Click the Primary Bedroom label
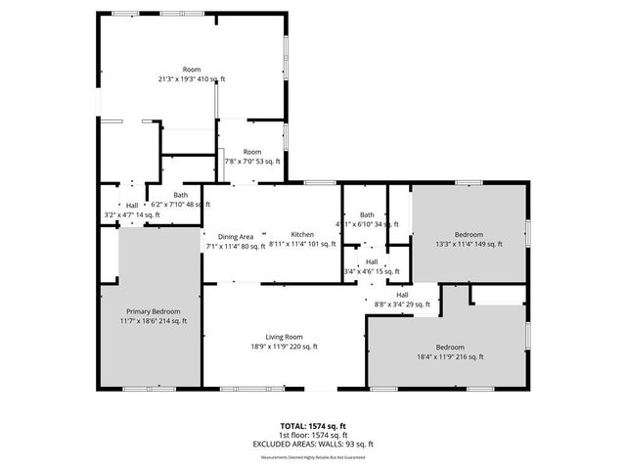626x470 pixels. (153, 310)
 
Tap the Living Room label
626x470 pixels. (284, 336)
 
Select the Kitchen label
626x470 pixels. (301, 235)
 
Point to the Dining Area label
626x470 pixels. (236, 236)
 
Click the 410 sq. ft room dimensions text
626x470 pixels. (192, 78)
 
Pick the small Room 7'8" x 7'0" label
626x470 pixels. (252, 152)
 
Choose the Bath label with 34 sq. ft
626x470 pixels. (367, 214)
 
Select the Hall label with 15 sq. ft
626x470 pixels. (372, 261)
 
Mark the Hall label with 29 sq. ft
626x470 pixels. (402, 295)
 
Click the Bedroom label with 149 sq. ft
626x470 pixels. (469, 234)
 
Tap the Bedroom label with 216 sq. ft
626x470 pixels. (450, 348)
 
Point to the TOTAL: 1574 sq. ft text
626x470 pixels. (312, 426)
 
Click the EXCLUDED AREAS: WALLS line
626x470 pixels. (312, 446)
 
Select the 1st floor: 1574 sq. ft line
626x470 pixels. (312, 436)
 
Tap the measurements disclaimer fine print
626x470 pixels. (312, 455)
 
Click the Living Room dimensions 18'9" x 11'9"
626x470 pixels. (284, 346)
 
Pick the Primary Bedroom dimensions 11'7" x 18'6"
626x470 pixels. (153, 320)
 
